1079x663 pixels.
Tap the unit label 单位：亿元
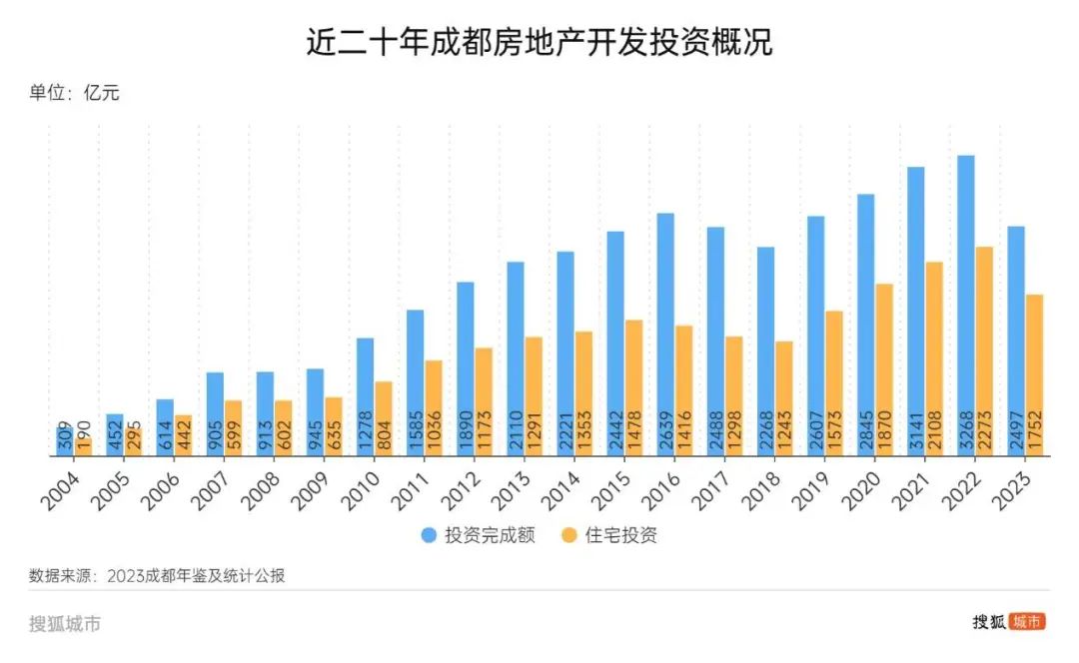pyautogui.click(x=75, y=94)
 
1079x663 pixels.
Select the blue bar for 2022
pyautogui.click(x=965, y=300)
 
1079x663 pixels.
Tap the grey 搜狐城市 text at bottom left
pyautogui.click(x=65, y=624)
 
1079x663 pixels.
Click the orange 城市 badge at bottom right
pyautogui.click(x=1027, y=621)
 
